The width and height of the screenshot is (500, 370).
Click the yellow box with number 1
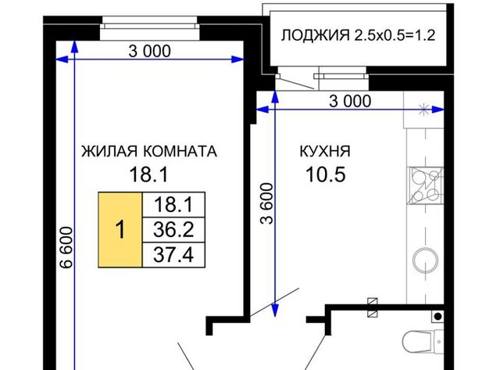click(120, 230)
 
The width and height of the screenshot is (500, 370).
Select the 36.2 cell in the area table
click(173, 230)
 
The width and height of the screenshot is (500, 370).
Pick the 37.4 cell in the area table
click(173, 255)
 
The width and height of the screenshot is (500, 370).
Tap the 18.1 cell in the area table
click(173, 205)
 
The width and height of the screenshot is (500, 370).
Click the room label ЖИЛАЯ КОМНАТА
click(149, 151)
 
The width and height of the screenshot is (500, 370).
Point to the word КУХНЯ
click(325, 151)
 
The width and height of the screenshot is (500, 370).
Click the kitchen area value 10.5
click(326, 174)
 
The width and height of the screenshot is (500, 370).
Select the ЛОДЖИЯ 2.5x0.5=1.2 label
click(358, 35)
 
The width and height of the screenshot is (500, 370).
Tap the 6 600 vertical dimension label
click(66, 247)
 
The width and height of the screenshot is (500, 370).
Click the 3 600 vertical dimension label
click(267, 203)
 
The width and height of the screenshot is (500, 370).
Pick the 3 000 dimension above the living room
click(149, 51)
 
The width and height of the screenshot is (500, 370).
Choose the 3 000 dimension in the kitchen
click(350, 102)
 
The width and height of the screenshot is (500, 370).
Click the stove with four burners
click(425, 185)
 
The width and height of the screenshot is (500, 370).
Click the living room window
click(149, 28)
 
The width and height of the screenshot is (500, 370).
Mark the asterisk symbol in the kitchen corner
click(424, 110)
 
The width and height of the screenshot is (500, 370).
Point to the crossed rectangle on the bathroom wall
click(373, 307)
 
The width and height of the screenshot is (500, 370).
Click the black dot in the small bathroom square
click(438, 316)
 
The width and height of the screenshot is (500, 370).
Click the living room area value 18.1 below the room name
click(148, 174)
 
